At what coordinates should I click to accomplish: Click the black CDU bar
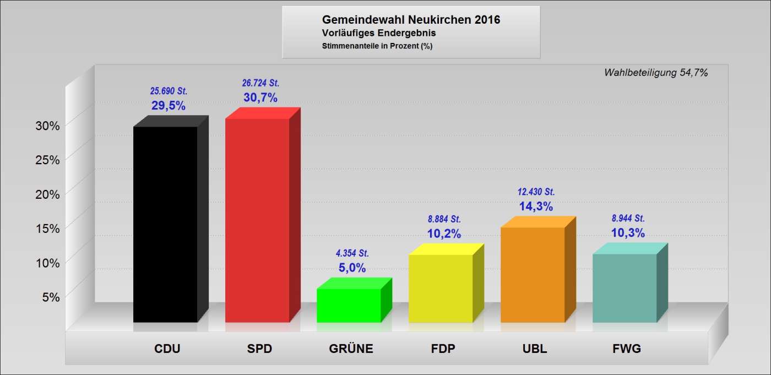pyautogui.click(x=165, y=224)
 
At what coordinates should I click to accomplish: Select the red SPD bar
pyautogui.click(x=257, y=220)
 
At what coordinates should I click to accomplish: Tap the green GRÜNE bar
pyautogui.click(x=349, y=305)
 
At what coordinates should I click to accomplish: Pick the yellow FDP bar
pyautogui.click(x=441, y=288)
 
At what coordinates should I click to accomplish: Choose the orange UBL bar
pyautogui.click(x=533, y=274)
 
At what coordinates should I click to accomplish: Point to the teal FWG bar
pyautogui.click(x=625, y=288)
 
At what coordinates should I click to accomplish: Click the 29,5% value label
pyautogui.click(x=169, y=106)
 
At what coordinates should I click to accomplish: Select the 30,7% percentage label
pyautogui.click(x=260, y=97)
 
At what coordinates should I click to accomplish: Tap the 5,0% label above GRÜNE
pyautogui.click(x=352, y=268)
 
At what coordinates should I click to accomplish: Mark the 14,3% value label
pyautogui.click(x=536, y=206)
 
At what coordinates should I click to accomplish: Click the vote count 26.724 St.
pyautogui.click(x=260, y=83)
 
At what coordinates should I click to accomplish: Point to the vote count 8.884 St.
pyautogui.click(x=444, y=219)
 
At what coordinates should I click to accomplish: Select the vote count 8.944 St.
pyautogui.click(x=628, y=218)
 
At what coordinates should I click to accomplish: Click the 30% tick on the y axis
pyautogui.click(x=47, y=126)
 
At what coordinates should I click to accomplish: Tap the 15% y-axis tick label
pyautogui.click(x=47, y=228)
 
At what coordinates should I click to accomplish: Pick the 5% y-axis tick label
pyautogui.click(x=50, y=297)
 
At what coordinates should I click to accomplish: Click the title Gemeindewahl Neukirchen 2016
pyautogui.click(x=411, y=20)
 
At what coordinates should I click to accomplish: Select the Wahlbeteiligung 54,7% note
pyautogui.click(x=655, y=73)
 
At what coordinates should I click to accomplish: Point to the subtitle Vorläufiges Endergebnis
pyautogui.click(x=379, y=34)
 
